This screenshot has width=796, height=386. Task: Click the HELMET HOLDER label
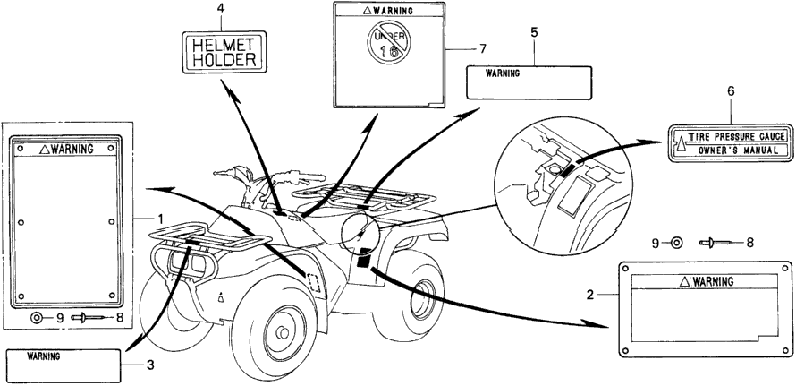(x=224, y=52)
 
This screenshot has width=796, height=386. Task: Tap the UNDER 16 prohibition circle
(x=388, y=46)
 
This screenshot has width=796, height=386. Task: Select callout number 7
(x=482, y=49)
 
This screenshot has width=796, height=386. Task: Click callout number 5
(x=534, y=32)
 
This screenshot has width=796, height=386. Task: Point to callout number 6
(x=731, y=91)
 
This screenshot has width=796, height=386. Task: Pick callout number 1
(x=160, y=219)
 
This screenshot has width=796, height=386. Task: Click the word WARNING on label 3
(x=43, y=356)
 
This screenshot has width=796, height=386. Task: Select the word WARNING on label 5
(x=503, y=73)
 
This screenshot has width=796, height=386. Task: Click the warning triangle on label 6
(x=679, y=144)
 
